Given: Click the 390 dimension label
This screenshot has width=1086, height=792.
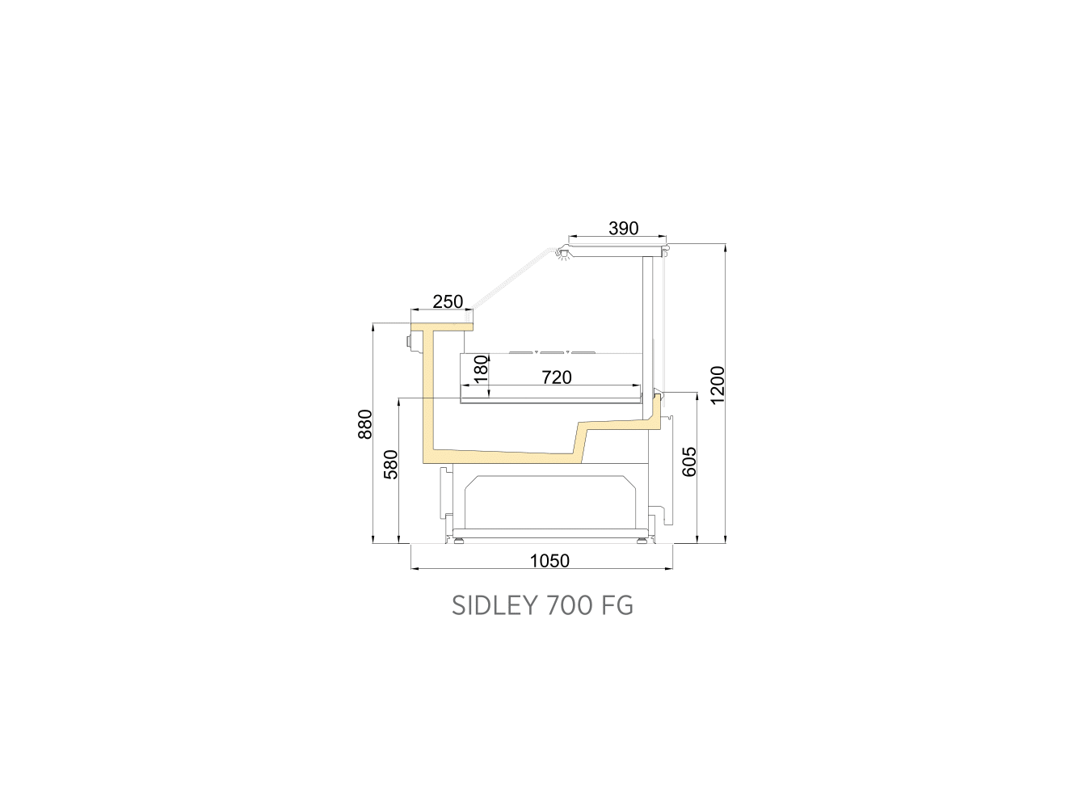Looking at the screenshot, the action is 624,228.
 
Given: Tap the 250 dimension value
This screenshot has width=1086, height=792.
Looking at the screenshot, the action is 448,301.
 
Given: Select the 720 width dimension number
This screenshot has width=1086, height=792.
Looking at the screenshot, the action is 557,377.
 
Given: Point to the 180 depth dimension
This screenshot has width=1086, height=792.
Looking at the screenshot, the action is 481,369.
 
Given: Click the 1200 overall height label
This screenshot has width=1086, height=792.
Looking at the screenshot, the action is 717,385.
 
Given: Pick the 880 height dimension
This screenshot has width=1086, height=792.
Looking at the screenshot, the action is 365,424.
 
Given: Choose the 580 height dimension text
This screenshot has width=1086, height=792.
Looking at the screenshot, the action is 391,465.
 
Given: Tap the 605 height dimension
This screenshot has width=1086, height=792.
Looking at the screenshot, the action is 689,461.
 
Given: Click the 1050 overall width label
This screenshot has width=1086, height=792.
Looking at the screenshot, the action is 549,561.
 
